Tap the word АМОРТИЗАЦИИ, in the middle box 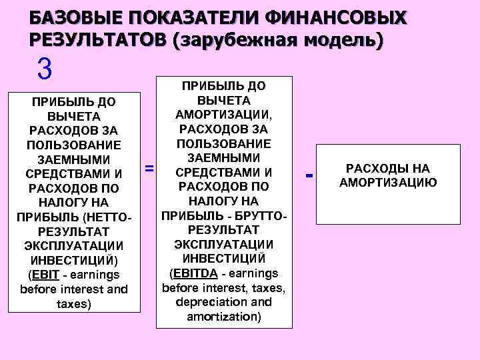point(224,115)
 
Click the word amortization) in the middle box point(224,316)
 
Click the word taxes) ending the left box point(74,304)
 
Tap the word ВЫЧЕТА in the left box point(74,116)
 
